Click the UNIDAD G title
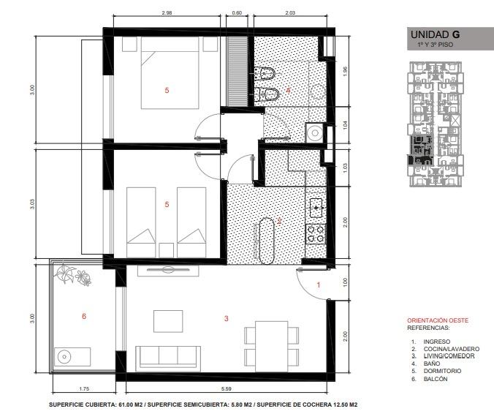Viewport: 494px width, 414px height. (435, 34)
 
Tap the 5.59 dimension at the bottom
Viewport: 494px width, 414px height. (227, 389)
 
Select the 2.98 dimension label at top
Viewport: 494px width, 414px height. (167, 13)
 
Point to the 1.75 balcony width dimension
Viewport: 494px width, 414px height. (84, 389)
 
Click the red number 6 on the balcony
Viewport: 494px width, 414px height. (84, 316)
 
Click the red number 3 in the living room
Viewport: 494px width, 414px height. (227, 319)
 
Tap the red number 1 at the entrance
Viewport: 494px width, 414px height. (319, 285)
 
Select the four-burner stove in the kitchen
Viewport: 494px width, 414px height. (316, 234)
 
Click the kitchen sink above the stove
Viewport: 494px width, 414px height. (316, 208)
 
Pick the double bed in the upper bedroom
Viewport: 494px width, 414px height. (170, 73)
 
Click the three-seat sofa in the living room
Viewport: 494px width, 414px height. (168, 358)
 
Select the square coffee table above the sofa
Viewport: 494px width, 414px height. (168, 321)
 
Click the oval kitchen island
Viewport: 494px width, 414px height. (267, 241)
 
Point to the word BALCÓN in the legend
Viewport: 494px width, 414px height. (436, 379)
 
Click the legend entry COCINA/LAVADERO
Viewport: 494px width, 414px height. (452, 349)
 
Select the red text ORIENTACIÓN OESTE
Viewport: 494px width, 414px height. (438, 320)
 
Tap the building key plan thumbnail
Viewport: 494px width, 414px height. (436, 124)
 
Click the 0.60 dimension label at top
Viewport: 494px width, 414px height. (237, 13)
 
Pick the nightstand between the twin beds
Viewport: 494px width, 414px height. (167, 250)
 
